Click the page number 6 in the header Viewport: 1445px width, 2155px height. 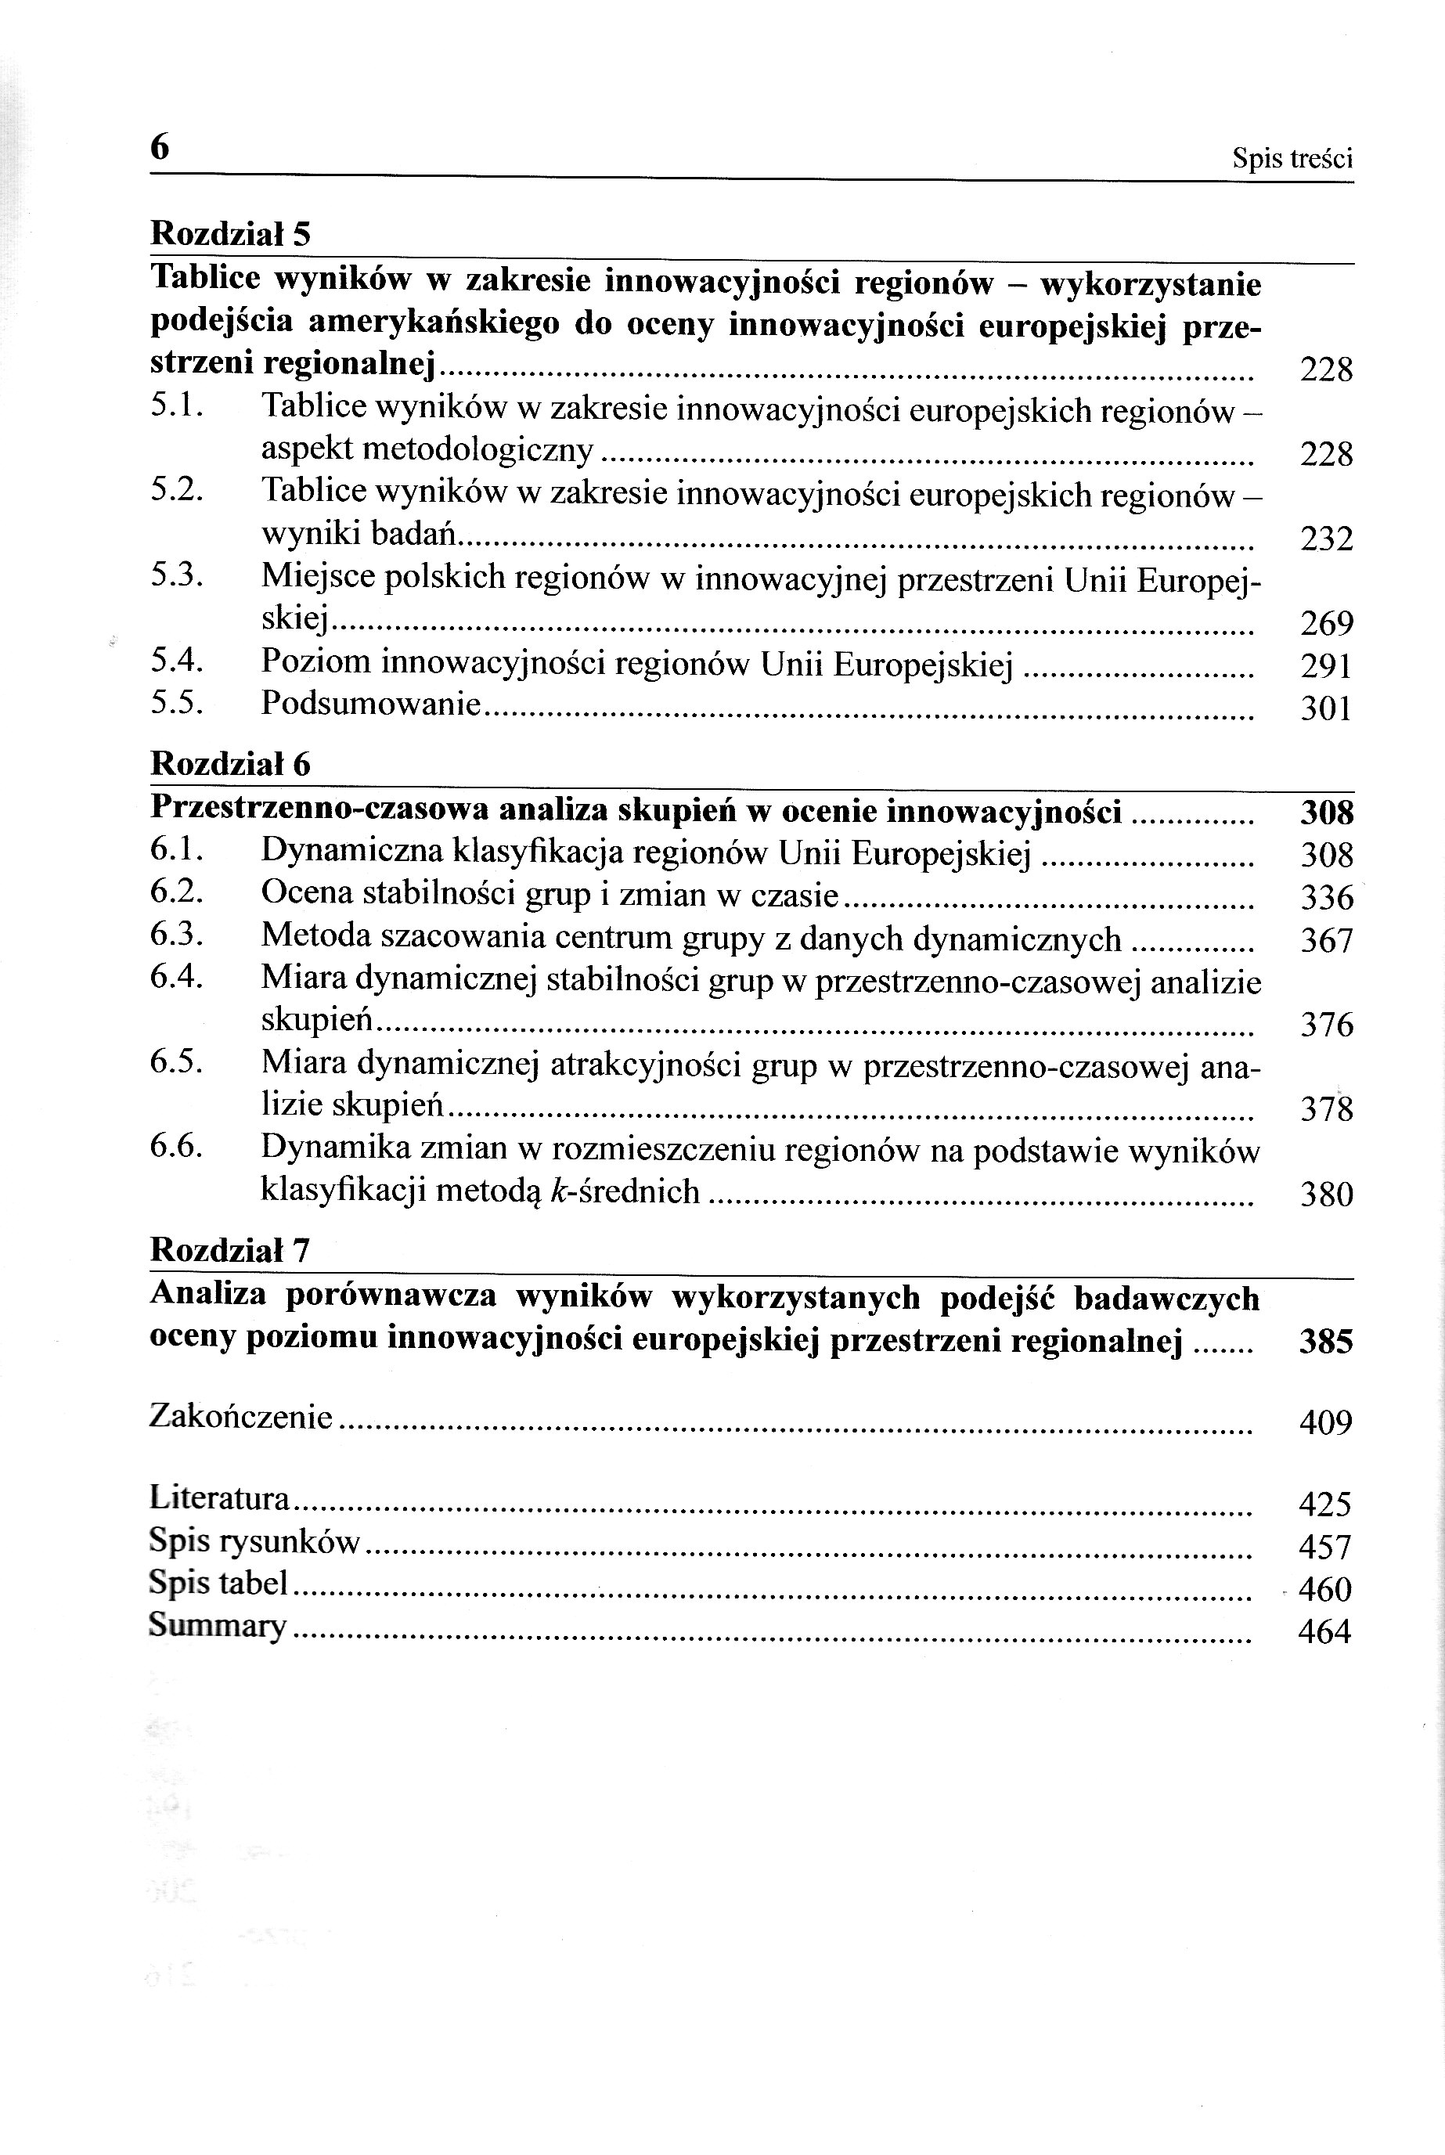pos(160,147)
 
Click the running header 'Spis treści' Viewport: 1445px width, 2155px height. pos(1292,160)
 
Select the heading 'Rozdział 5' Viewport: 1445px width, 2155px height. pos(230,234)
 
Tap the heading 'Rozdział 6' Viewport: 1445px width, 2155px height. pos(230,764)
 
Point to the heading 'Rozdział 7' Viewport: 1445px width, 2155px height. pos(230,1250)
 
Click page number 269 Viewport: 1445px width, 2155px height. pos(1326,624)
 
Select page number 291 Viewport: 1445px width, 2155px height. pos(1326,665)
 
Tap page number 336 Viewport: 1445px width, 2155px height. pos(1326,897)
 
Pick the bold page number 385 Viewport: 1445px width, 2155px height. pos(1325,1342)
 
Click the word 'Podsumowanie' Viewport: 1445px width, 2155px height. pos(370,704)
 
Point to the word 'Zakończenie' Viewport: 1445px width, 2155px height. pos(240,1416)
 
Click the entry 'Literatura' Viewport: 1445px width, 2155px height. pos(219,1498)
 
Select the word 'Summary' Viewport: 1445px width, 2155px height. pos(218,1625)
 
